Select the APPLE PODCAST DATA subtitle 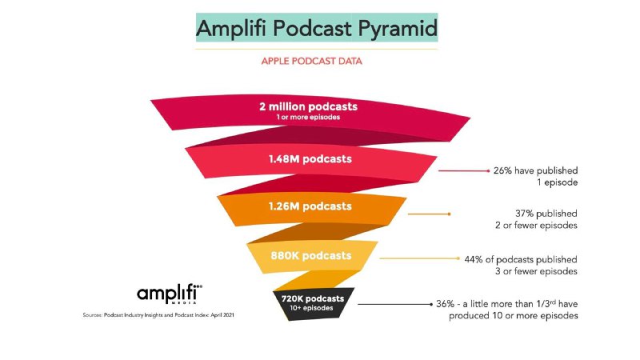coord(318,60)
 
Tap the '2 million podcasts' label coord(308,106)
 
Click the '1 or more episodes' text coord(308,117)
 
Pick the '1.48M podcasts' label coord(310,158)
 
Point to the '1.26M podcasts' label coord(310,207)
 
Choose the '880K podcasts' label coord(310,256)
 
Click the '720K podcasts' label coord(313,298)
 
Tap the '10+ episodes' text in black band coord(313,308)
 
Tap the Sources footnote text coord(158,316)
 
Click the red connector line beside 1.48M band coord(464,170)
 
